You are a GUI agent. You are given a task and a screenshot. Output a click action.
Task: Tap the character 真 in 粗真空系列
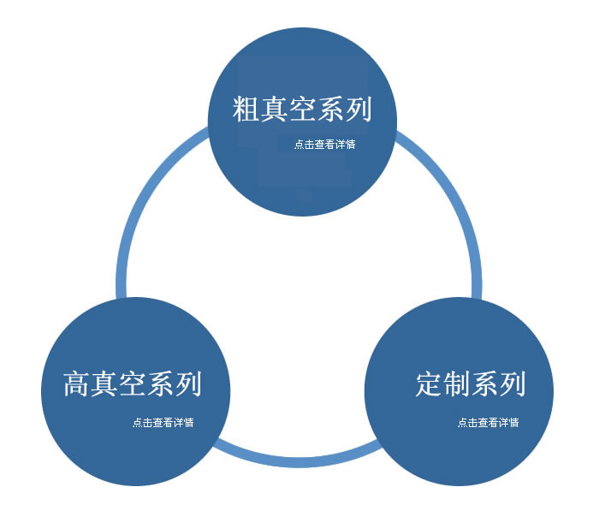[x=276, y=110]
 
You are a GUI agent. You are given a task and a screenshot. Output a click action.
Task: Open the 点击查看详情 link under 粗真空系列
[x=324, y=145]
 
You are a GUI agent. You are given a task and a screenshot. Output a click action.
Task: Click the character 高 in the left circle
[x=77, y=383]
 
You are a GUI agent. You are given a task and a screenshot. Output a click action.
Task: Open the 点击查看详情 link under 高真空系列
[x=163, y=422]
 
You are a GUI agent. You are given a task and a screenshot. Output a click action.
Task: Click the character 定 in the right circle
[x=430, y=383]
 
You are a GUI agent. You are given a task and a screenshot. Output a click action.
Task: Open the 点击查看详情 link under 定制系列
[x=488, y=422]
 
